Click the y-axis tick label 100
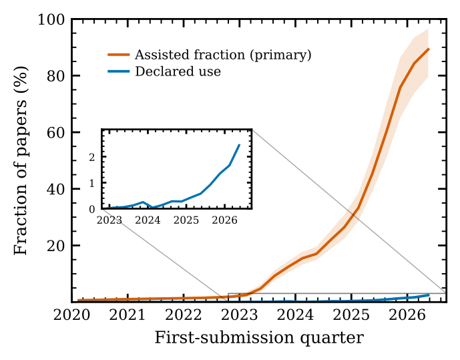click(51, 20)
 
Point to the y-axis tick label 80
click(55, 76)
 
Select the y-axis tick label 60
click(55, 133)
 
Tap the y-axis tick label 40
click(55, 190)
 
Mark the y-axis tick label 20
click(55, 246)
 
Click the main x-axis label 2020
click(71, 316)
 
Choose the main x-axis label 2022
click(184, 316)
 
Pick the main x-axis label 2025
click(351, 316)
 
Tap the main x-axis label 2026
click(407, 316)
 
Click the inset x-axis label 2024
click(148, 220)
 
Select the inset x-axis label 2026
click(224, 220)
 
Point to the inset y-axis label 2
click(92, 157)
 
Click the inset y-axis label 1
click(92, 184)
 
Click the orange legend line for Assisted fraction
click(119, 55)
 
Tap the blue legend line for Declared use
click(119, 71)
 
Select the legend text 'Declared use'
click(178, 71)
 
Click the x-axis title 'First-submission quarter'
click(259, 338)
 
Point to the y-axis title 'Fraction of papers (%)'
click(21, 160)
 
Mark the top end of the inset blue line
click(240, 145)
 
